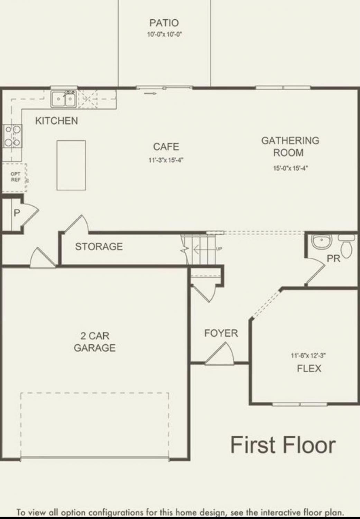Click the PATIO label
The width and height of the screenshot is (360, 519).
pyautogui.click(x=164, y=23)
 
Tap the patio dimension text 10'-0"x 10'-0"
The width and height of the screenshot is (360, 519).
pyautogui.click(x=165, y=35)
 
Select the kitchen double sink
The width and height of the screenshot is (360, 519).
pyautogui.click(x=63, y=99)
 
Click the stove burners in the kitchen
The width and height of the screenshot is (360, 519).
pyautogui.click(x=12, y=136)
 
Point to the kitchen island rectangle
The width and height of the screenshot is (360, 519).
pyautogui.click(x=71, y=165)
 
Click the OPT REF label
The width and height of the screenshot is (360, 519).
pyautogui.click(x=16, y=176)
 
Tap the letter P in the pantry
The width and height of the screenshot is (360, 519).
pyautogui.click(x=17, y=213)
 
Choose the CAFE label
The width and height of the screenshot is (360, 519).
pyautogui.click(x=166, y=147)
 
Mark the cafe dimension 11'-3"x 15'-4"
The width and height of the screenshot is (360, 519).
pyautogui.click(x=166, y=160)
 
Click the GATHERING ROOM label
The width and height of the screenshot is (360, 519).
pyautogui.click(x=290, y=147)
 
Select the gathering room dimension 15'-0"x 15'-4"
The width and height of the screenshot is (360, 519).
pyautogui.click(x=290, y=168)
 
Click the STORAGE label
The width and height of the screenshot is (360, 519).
pyautogui.click(x=99, y=246)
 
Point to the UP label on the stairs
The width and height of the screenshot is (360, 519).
pyautogui.click(x=219, y=249)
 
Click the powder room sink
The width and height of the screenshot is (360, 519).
pyautogui.click(x=322, y=241)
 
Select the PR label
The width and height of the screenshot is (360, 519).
pyautogui.click(x=333, y=258)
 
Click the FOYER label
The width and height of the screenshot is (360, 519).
pyautogui.click(x=221, y=333)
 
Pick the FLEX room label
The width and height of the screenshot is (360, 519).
pyautogui.click(x=309, y=368)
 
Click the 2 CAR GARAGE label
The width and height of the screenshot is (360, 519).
pyautogui.click(x=95, y=342)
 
